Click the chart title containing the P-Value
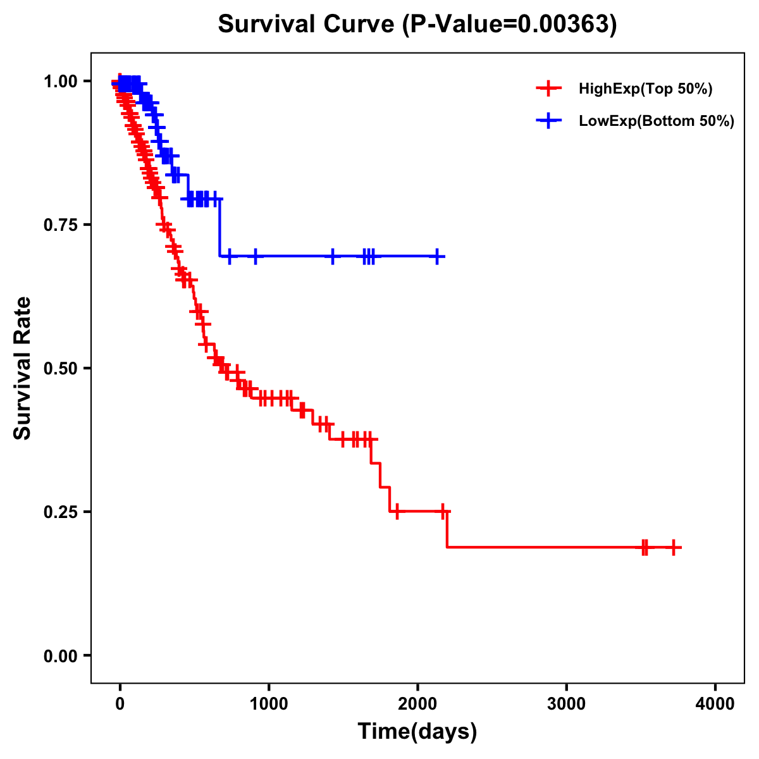pos(417,24)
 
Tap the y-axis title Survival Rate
pos(23,367)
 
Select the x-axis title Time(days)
pos(417,731)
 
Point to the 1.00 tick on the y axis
pos(60,82)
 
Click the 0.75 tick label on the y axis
pos(60,225)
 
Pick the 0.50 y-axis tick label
pos(60,368)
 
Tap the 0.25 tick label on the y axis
pos(60,512)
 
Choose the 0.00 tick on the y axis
pos(60,655)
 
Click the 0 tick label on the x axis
pos(120,704)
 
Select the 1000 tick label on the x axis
pos(269,704)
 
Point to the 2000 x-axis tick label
pos(417,704)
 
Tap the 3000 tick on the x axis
pos(566,704)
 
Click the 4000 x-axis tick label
pos(715,704)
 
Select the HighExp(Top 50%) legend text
pos(646,89)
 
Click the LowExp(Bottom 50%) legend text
pos(657,121)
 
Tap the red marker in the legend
pos(548,89)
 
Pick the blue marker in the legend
pos(548,121)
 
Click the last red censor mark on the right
pos(674,547)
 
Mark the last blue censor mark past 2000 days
pos(437,256)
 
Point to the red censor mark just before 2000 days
pos(397,511)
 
